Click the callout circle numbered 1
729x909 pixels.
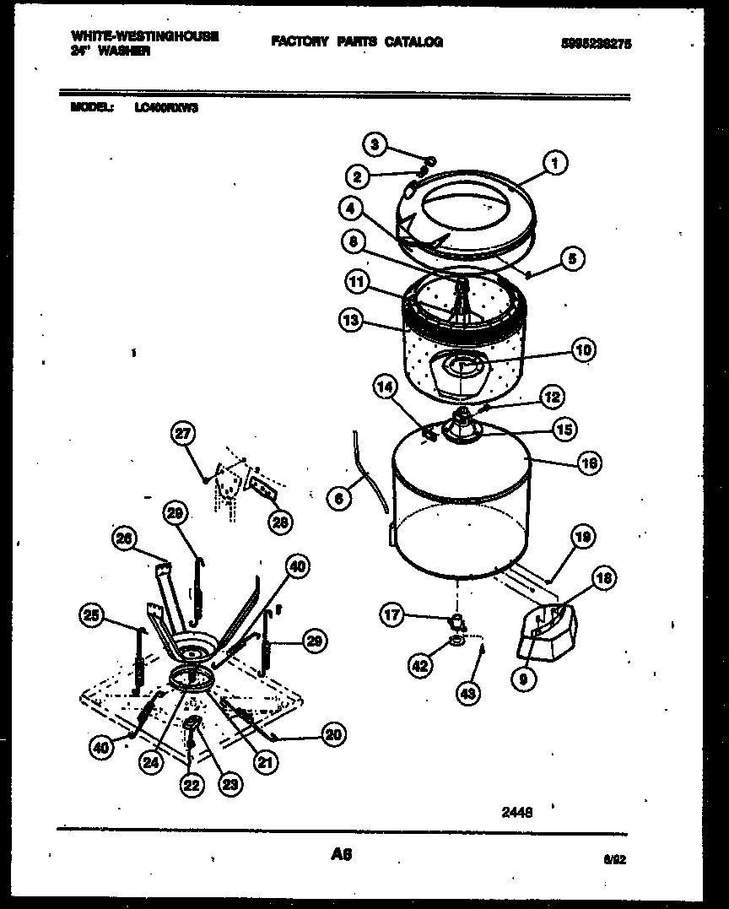pyautogui.click(x=554, y=162)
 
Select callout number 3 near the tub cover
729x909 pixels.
pyautogui.click(x=375, y=145)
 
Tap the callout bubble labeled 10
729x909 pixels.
pyautogui.click(x=583, y=349)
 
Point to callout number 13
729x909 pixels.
pyautogui.click(x=350, y=320)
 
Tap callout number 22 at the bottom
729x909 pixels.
pyautogui.click(x=192, y=784)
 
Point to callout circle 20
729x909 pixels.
pyautogui.click(x=333, y=735)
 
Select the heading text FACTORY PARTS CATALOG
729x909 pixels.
pyautogui.click(x=357, y=41)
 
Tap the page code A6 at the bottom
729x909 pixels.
pyautogui.click(x=341, y=855)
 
